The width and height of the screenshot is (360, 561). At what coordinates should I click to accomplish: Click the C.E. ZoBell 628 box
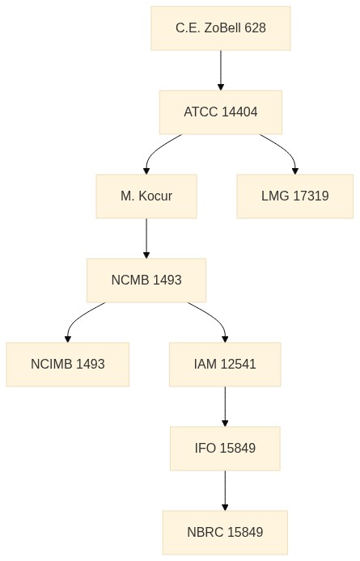[221, 28]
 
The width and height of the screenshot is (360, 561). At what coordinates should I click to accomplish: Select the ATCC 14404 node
[221, 112]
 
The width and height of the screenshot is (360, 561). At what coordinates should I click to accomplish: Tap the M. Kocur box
[146, 196]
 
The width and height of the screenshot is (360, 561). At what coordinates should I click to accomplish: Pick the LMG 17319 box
[294, 196]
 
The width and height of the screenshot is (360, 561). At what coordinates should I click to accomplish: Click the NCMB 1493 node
[146, 280]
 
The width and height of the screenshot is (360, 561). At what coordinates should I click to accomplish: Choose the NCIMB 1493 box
[68, 365]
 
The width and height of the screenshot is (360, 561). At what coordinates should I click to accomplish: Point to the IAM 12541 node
[225, 365]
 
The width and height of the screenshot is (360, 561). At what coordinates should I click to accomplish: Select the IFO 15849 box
[225, 449]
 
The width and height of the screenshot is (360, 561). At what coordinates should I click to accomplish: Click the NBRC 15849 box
[225, 533]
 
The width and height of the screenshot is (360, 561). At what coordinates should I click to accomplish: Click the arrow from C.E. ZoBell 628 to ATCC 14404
[221, 70]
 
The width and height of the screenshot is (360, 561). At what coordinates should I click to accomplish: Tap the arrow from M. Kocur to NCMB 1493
[146, 238]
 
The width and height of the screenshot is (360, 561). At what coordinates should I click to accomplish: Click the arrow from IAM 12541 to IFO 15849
[225, 407]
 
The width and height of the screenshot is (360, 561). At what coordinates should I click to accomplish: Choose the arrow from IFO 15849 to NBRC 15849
[225, 491]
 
